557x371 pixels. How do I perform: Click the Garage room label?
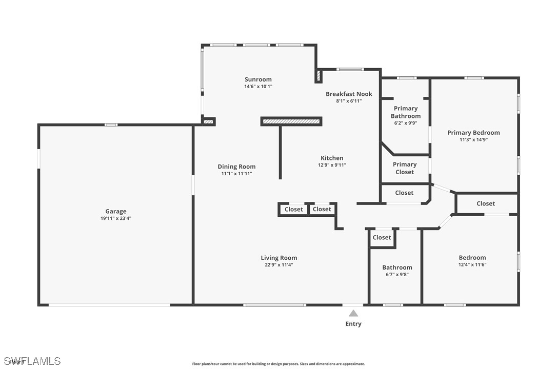(115, 211)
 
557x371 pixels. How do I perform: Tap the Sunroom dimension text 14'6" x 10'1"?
(258, 87)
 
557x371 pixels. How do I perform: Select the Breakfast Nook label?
(349, 94)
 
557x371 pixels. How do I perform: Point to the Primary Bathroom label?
(405, 112)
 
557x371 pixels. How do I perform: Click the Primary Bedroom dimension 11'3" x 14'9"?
(473, 139)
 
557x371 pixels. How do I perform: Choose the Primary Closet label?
(405, 168)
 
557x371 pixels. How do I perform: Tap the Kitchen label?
(332, 158)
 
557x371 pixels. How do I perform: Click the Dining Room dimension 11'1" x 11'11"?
(236, 174)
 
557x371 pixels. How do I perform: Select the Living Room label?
(278, 258)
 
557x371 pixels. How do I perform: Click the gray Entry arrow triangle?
(353, 313)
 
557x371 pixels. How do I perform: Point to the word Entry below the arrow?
(353, 324)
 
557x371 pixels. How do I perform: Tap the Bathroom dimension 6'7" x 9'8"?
(397, 274)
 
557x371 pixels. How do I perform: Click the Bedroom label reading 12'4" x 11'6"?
(472, 264)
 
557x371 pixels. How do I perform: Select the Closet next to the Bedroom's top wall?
(485, 203)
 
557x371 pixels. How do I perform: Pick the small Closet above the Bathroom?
(382, 237)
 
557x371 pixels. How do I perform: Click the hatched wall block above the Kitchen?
(291, 121)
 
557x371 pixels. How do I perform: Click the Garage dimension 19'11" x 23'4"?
(115, 218)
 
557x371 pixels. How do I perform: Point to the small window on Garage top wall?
(111, 125)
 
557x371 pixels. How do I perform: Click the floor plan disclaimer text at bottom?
(278, 364)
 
